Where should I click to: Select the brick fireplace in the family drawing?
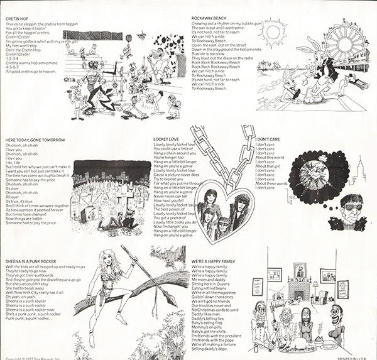pos(300,300)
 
